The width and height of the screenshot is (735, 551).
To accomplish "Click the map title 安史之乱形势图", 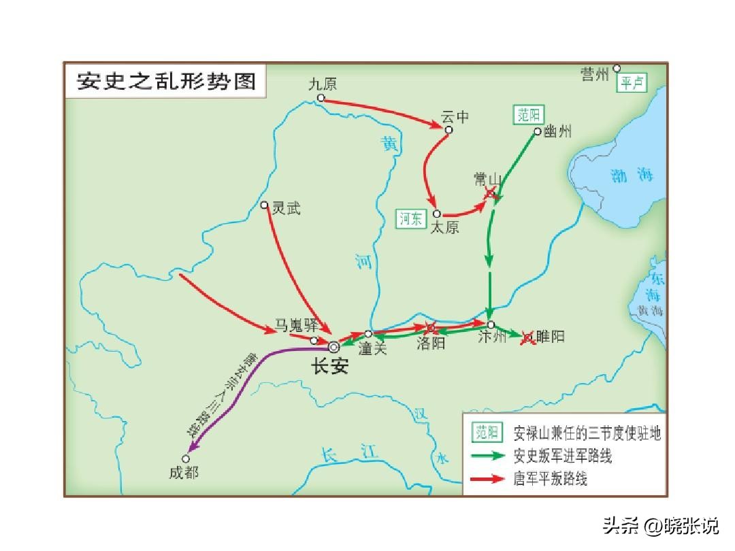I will coord(166,81).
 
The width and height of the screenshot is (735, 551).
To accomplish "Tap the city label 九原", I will coord(322,84).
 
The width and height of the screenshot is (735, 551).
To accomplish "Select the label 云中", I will coord(455,117).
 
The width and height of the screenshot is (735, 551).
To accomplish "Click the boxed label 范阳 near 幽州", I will coord(529,115).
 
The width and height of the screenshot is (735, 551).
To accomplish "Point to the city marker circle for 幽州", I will coord(538,132).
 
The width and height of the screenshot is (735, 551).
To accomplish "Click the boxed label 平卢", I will coord(632,83).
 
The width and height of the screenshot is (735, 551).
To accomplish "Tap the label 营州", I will coord(595,73).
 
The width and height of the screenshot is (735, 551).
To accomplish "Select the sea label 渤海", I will coord(632,176).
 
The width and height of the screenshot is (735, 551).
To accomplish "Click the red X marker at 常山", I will coord(489,194).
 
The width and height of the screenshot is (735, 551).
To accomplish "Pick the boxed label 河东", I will coord(411,218).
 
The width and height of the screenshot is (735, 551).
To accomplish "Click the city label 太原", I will coord(444,227).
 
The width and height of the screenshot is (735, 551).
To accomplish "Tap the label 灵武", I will coord(286,209).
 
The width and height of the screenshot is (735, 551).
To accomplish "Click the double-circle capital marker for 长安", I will coord(333,346).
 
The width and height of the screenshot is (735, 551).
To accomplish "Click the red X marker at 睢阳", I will coord(527,337).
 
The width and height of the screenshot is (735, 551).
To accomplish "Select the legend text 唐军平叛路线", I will coord(550,479).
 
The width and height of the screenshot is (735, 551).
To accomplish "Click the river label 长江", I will coord(349,454).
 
